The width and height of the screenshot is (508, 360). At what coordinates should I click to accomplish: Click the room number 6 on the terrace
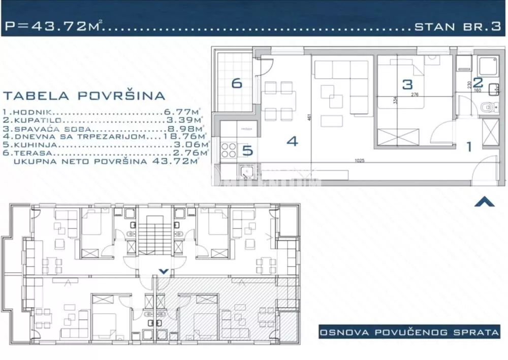coord(237,83)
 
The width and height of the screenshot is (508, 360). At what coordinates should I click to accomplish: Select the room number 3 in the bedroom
coord(407,84)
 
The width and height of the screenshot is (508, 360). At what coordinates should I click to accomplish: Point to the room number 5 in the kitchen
coord(247,150)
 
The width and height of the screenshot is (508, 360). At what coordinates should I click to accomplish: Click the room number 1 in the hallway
coord(469,147)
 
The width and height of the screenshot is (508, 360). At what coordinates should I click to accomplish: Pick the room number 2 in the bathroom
coord(478,82)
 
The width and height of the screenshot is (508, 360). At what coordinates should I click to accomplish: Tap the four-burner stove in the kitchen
coord(229,149)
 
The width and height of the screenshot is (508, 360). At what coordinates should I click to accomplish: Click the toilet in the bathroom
coord(486,107)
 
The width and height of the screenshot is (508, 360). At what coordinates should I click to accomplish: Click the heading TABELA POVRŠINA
coord(84,95)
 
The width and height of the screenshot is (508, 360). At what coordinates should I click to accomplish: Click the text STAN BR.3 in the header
coord(457,27)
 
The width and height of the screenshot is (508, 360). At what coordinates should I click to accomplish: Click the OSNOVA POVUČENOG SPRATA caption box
coord(408,333)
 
